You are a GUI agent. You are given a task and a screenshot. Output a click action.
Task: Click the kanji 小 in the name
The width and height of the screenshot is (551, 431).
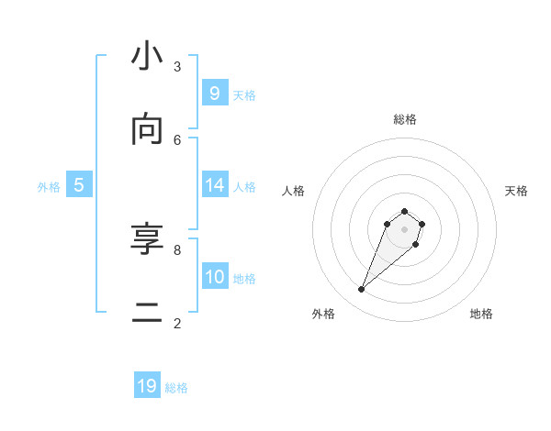[147, 57]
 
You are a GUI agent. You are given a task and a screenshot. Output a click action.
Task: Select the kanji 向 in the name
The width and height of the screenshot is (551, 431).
[147, 130]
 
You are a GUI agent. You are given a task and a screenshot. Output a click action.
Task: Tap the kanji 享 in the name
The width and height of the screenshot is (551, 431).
[147, 240]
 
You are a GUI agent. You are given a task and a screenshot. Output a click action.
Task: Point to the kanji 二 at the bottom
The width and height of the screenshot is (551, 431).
[147, 314]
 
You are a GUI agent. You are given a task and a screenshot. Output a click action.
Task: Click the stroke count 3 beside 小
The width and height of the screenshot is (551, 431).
[177, 66]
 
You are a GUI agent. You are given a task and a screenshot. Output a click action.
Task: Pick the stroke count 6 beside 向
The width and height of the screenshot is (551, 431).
[177, 139]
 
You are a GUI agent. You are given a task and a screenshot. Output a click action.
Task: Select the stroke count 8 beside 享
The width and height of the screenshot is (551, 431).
[177, 249]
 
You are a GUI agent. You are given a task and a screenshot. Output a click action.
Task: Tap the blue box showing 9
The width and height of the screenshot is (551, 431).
[214, 93]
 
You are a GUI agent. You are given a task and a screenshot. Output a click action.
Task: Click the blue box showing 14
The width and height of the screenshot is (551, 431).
[214, 184]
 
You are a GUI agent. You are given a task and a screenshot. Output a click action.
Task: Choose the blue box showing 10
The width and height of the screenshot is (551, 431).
[214, 276]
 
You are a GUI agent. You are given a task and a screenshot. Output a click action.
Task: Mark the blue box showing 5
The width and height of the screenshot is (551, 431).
[79, 184]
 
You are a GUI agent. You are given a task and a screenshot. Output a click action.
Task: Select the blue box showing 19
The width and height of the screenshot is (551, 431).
[147, 386]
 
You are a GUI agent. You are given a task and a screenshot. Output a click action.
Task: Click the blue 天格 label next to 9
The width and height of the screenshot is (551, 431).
[244, 94]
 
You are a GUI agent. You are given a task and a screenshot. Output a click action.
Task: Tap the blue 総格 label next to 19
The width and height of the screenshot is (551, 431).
[176, 388]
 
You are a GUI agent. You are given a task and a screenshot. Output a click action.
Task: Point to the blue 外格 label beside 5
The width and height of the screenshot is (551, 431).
[49, 186]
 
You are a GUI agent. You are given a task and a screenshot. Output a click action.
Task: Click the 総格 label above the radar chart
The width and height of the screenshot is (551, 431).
[404, 119]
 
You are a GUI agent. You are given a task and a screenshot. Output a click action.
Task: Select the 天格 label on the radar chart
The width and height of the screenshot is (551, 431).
[516, 191]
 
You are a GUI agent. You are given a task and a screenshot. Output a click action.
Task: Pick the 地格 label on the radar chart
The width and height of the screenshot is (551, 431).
[481, 314]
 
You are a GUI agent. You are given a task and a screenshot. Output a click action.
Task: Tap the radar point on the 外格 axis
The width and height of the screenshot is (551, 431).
[361, 290]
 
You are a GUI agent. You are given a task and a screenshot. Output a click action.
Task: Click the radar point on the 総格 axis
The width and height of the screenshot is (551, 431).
[404, 211]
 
